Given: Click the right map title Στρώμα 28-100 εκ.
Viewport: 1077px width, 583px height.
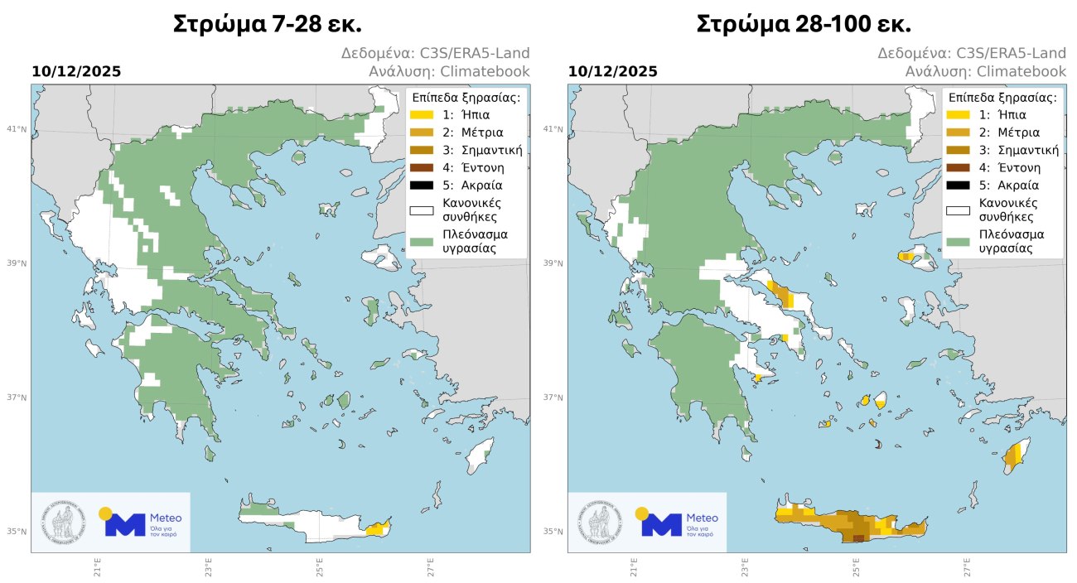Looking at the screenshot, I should pyautogui.click(x=804, y=23).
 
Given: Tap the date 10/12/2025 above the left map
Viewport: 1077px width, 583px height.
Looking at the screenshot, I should pyautogui.click(x=76, y=72).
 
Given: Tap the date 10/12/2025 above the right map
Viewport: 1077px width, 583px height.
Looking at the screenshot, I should pyautogui.click(x=612, y=72).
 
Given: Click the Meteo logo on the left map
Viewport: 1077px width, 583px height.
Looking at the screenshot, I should pyautogui.click(x=141, y=523).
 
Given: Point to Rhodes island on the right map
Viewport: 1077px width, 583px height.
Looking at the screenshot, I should pyautogui.click(x=1013, y=455).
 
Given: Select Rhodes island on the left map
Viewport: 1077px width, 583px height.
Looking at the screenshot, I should pyautogui.click(x=477, y=455).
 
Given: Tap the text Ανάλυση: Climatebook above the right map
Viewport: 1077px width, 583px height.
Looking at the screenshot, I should pyautogui.click(x=985, y=72).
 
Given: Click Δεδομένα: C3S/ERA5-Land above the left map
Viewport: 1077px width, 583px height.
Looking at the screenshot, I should pyautogui.click(x=436, y=54).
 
